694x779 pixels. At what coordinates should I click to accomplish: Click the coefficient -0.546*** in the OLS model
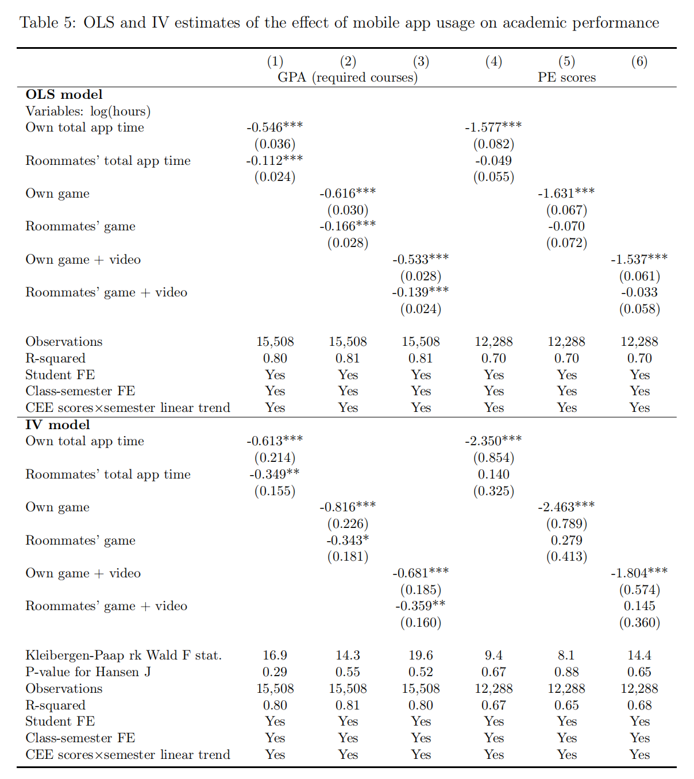(x=275, y=128)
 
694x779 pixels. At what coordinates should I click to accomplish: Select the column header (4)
(x=493, y=61)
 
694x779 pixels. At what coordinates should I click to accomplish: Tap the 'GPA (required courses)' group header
(x=348, y=78)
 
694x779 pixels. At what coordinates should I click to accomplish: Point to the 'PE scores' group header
(x=566, y=78)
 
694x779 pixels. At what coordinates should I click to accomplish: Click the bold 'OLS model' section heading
(x=64, y=95)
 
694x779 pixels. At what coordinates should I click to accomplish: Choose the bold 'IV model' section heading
(x=57, y=425)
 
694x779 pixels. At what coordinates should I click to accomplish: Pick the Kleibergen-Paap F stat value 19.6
(x=421, y=655)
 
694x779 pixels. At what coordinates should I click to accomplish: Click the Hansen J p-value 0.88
(x=566, y=672)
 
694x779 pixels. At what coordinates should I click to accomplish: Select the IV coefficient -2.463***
(x=566, y=507)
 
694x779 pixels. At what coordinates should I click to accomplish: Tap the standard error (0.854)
(x=493, y=458)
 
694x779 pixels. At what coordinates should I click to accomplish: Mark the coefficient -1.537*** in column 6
(x=639, y=260)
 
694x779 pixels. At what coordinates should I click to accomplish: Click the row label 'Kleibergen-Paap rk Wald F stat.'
(x=124, y=655)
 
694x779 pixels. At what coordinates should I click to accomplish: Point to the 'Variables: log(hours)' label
(x=88, y=111)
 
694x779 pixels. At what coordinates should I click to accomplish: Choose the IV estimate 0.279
(x=566, y=541)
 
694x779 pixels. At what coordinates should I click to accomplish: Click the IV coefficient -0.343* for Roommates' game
(x=348, y=541)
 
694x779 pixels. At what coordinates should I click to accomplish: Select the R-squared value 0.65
(x=566, y=705)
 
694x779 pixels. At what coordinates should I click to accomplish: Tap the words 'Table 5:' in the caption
(x=48, y=23)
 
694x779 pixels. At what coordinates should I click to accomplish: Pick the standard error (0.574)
(x=639, y=590)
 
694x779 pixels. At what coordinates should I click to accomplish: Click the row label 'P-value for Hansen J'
(x=88, y=672)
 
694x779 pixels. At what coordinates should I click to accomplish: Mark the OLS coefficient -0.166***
(x=348, y=226)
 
